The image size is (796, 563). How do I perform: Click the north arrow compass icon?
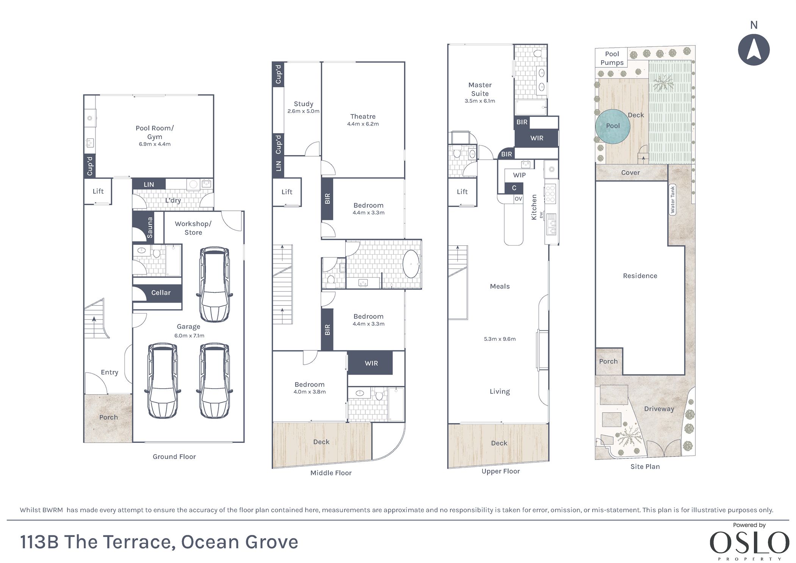[754, 50]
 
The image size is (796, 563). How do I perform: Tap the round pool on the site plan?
[613, 126]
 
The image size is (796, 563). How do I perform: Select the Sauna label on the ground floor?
[150, 227]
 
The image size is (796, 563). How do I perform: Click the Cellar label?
[161, 293]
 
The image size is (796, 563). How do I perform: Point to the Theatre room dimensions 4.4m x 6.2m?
[363, 124]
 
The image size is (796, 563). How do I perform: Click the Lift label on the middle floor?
[287, 192]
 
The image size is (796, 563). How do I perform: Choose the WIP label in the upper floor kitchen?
[519, 175]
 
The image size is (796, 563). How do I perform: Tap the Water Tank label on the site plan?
[673, 200]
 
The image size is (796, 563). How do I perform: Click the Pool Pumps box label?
[612, 58]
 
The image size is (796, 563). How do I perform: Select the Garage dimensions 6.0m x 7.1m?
[189, 336]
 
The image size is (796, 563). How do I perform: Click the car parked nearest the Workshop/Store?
[214, 285]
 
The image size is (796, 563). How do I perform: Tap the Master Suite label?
[480, 89]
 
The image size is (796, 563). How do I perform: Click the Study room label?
[303, 104]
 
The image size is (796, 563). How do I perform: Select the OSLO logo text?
[749, 543]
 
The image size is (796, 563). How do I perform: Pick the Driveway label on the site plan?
[659, 409]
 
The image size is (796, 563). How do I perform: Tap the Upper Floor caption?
[500, 471]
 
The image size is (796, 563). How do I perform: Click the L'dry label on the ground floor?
[173, 200]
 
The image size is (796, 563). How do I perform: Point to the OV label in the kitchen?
[518, 199]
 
